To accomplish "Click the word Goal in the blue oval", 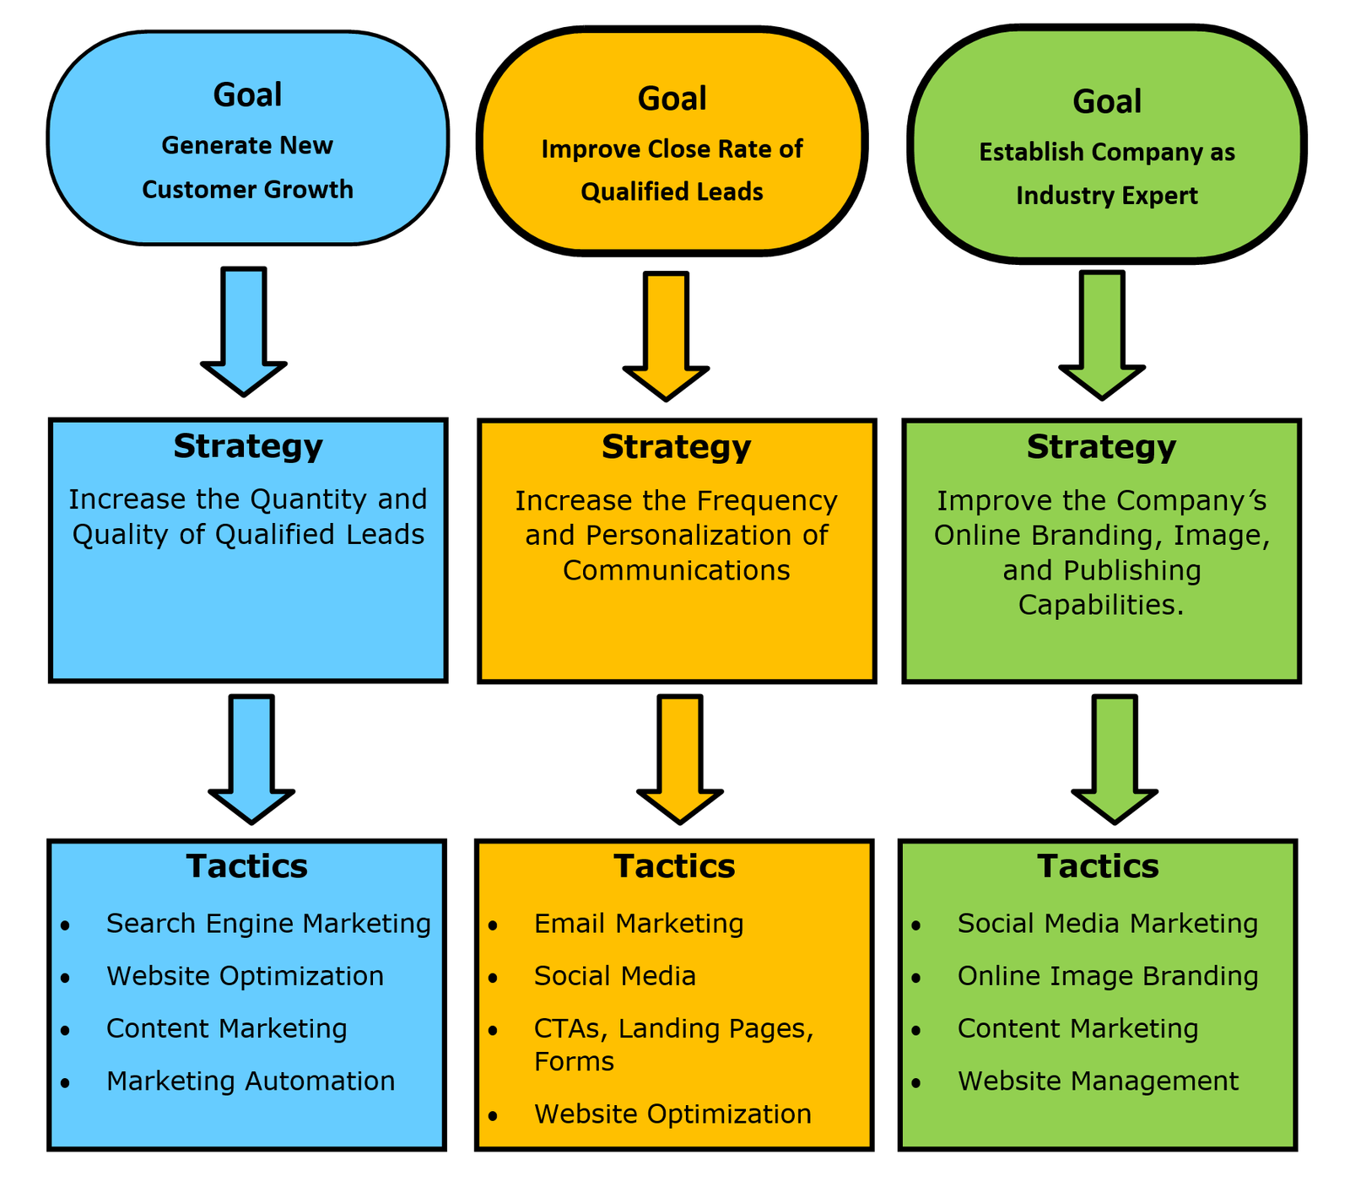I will (247, 94).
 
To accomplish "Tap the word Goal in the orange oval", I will (672, 99).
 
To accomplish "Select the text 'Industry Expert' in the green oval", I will (1106, 196).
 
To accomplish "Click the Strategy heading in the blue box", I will (248, 446).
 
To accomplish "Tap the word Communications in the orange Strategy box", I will (676, 570).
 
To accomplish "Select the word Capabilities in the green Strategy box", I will (1100, 605).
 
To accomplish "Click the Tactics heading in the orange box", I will (674, 866).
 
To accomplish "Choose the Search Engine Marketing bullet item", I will (268, 924).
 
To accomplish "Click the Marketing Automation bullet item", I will (251, 1081).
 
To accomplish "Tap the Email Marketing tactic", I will (639, 924).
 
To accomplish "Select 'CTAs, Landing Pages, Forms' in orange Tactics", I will (673, 1044).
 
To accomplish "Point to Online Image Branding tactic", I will (1108, 976).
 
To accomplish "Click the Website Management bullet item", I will (1098, 1081).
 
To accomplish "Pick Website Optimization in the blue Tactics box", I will (245, 976).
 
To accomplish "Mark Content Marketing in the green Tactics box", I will (1077, 1029).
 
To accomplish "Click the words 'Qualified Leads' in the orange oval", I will (672, 192).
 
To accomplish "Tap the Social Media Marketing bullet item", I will (1108, 924).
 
